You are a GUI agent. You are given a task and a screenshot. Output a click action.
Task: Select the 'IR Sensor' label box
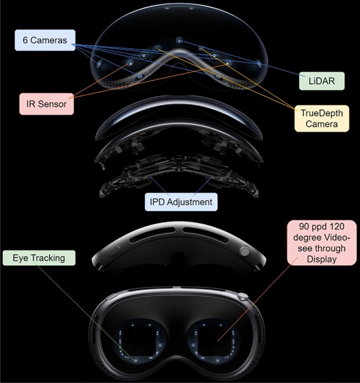coord(46,104)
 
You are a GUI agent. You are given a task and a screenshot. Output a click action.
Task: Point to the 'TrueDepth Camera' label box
coord(321,118)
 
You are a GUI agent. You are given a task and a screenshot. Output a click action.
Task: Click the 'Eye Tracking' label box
coord(38,258)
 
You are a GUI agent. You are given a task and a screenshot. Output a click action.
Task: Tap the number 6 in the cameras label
coord(26,40)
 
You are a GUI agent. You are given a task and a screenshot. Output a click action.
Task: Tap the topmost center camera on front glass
coord(179,40)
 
